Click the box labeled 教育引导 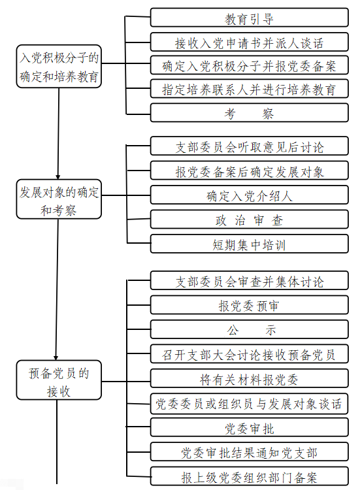(249, 18)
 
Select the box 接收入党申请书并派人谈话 (249, 43)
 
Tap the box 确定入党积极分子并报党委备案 (249, 65)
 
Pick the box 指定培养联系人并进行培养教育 (249, 88)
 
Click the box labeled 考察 (249, 113)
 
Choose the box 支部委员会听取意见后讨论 (249, 147)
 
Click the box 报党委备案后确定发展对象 (249, 171)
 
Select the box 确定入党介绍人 (249, 195)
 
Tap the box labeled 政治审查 (249, 220)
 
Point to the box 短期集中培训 (249, 245)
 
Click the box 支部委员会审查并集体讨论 (249, 281)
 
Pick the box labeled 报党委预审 (249, 305)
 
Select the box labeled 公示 (249, 329)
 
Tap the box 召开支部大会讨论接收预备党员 (249, 354)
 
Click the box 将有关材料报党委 (249, 379)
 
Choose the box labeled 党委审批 (249, 428)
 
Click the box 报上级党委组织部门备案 (249, 476)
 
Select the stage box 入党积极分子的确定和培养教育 (59, 67)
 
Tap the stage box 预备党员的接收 (59, 382)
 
